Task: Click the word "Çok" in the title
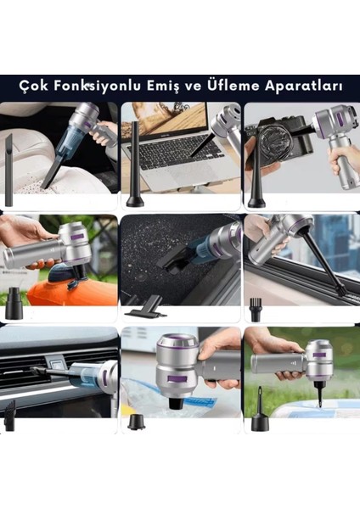(x=36, y=87)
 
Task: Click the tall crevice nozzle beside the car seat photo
(x=9, y=170)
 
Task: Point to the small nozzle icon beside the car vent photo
(x=10, y=416)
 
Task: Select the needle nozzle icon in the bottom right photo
(x=256, y=411)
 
